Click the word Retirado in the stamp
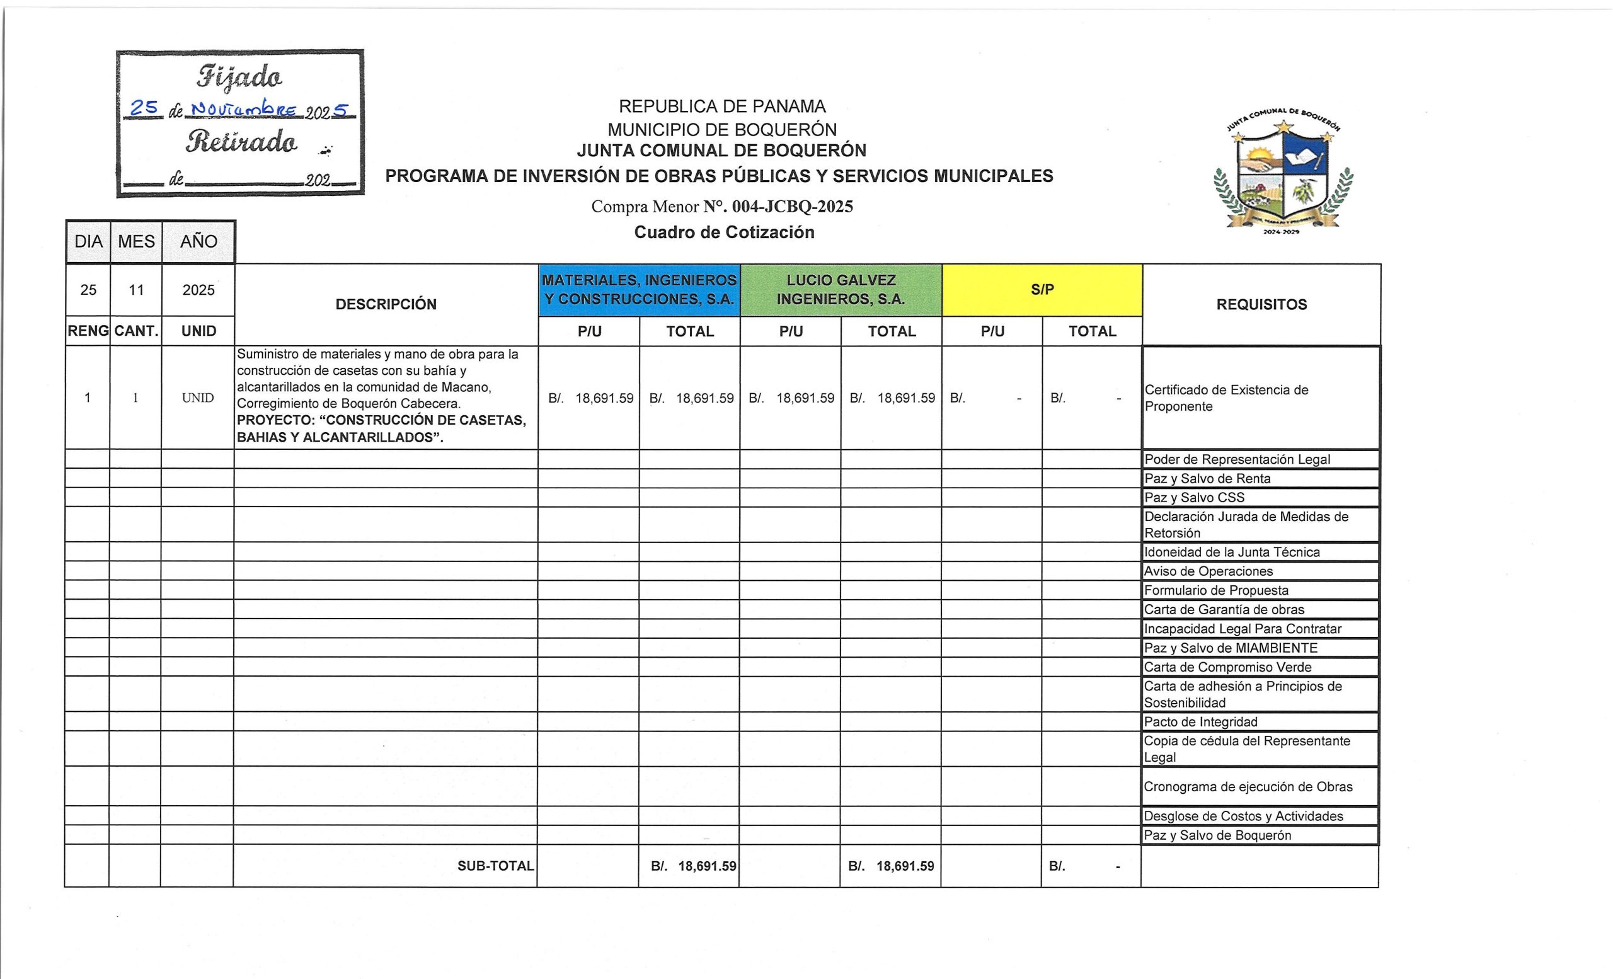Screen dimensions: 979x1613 tap(241, 141)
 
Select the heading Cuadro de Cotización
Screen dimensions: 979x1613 tap(724, 232)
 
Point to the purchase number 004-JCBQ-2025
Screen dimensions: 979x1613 tap(792, 207)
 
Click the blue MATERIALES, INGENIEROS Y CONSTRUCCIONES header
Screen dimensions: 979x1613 tap(639, 290)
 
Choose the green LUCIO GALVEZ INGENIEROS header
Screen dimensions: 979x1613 tap(841, 290)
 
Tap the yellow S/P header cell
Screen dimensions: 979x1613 tap(1042, 289)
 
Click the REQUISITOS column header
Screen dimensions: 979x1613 tap(1261, 304)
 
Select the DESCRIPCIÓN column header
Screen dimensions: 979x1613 tap(386, 304)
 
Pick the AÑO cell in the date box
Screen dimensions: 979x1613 tap(198, 241)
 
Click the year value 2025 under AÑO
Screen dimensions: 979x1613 tap(198, 290)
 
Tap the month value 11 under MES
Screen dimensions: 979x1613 tap(136, 290)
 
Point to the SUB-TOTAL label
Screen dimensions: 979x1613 tap(495, 866)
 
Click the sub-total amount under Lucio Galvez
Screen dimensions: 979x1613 tap(891, 866)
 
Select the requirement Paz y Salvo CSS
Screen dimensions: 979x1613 tap(1194, 497)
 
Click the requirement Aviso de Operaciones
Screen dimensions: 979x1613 tap(1208, 571)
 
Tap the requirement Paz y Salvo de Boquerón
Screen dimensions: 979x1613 tap(1217, 835)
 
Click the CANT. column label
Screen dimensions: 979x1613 tap(136, 331)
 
